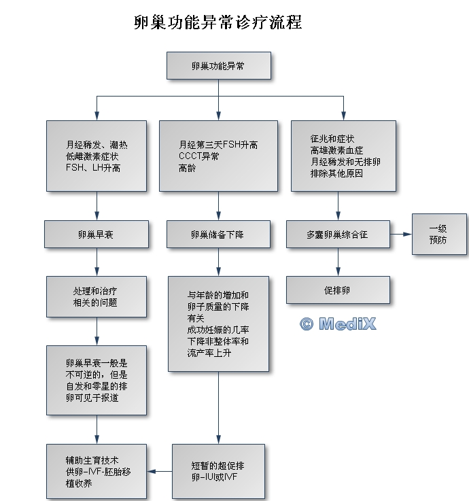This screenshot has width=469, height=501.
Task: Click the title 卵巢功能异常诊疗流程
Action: (218, 22)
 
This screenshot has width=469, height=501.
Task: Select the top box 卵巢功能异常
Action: (218, 67)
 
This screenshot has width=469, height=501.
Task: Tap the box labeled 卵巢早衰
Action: (96, 234)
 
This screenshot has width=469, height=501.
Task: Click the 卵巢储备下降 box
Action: (218, 234)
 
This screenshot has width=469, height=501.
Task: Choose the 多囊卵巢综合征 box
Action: (338, 234)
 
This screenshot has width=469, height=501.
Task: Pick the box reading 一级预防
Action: (439, 234)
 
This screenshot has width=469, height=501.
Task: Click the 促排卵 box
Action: (338, 290)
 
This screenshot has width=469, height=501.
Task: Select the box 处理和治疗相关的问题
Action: (96, 296)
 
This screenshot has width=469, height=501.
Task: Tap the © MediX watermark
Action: (338, 324)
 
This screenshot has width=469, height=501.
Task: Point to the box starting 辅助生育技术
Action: (96, 471)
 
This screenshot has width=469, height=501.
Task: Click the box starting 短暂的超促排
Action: (218, 471)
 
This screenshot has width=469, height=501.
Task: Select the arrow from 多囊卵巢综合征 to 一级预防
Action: (401, 234)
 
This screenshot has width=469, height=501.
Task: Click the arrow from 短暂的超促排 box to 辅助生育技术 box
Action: (160, 471)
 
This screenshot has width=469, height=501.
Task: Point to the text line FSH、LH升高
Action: (94, 167)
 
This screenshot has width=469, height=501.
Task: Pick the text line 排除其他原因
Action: (336, 173)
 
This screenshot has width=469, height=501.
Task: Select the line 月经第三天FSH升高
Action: (218, 145)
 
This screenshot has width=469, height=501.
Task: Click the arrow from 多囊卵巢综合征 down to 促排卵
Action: (338, 262)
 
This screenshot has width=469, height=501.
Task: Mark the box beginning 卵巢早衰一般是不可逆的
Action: (96, 380)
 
